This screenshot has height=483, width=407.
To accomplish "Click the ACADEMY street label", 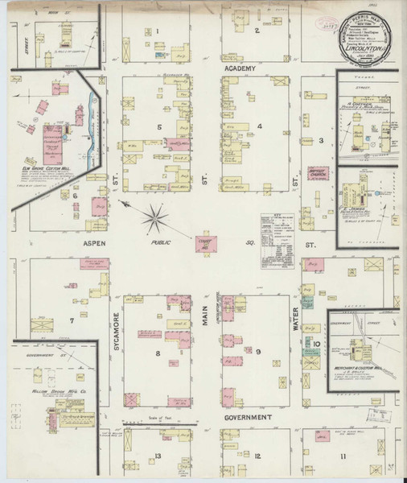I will [240, 69].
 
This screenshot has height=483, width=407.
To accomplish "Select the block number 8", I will [158, 352].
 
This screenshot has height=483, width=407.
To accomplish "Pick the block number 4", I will [260, 126].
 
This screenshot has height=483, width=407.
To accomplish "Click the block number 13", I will [158, 456].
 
